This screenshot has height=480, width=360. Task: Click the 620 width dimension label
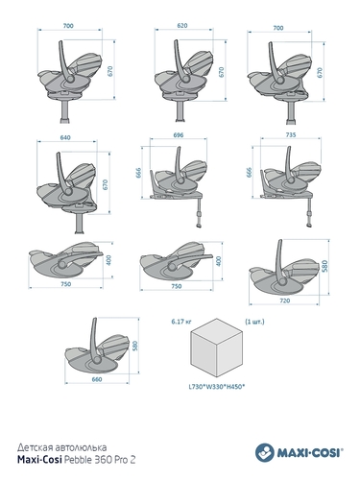(x=182, y=25)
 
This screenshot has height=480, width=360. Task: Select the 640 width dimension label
(x=65, y=137)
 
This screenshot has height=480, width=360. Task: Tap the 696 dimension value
(x=179, y=135)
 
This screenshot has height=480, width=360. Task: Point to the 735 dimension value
(x=291, y=135)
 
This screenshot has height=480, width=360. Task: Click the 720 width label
(x=284, y=300)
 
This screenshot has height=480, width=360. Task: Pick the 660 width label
(x=97, y=379)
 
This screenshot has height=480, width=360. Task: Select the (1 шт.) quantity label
(x=254, y=322)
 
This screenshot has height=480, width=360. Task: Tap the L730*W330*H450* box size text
(x=217, y=387)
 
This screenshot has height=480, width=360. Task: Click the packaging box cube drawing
(x=217, y=348)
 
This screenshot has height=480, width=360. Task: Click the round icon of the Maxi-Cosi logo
(x=265, y=452)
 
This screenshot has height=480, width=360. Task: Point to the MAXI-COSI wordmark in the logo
(x=310, y=453)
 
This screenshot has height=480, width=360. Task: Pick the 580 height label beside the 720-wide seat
(x=324, y=266)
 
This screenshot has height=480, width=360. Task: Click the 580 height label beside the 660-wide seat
(x=135, y=346)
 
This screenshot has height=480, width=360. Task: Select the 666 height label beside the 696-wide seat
(x=139, y=173)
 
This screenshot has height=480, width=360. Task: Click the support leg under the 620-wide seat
(x=180, y=110)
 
